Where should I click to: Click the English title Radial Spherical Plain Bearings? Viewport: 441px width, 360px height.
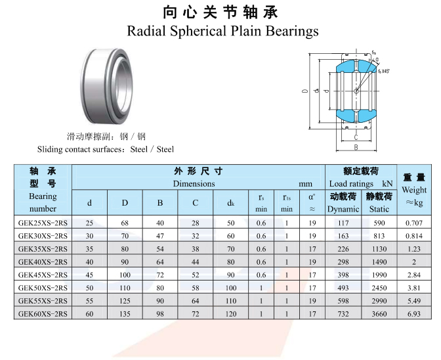coord(222,31)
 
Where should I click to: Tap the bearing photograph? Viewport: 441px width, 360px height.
coord(107,86)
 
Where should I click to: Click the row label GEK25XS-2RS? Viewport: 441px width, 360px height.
coord(43,223)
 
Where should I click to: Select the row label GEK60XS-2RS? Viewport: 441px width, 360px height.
coord(43,314)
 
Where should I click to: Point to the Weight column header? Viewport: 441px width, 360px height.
coord(414,190)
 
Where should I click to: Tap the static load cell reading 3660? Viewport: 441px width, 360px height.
coord(379,314)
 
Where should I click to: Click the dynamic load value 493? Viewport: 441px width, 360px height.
coord(343,288)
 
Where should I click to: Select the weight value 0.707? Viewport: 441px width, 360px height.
coord(414,223)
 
